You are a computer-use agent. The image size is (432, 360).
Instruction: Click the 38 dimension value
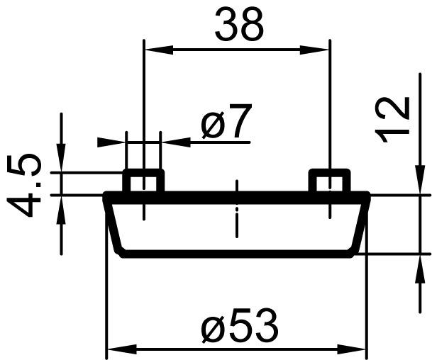(239, 26)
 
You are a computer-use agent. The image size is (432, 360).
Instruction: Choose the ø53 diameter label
(238, 327)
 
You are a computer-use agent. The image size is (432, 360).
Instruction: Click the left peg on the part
(143, 181)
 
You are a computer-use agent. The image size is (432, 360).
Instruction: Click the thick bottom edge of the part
(238, 253)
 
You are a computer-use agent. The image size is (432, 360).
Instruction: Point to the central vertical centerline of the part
(237, 213)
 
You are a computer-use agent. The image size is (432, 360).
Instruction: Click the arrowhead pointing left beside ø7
(175, 142)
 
